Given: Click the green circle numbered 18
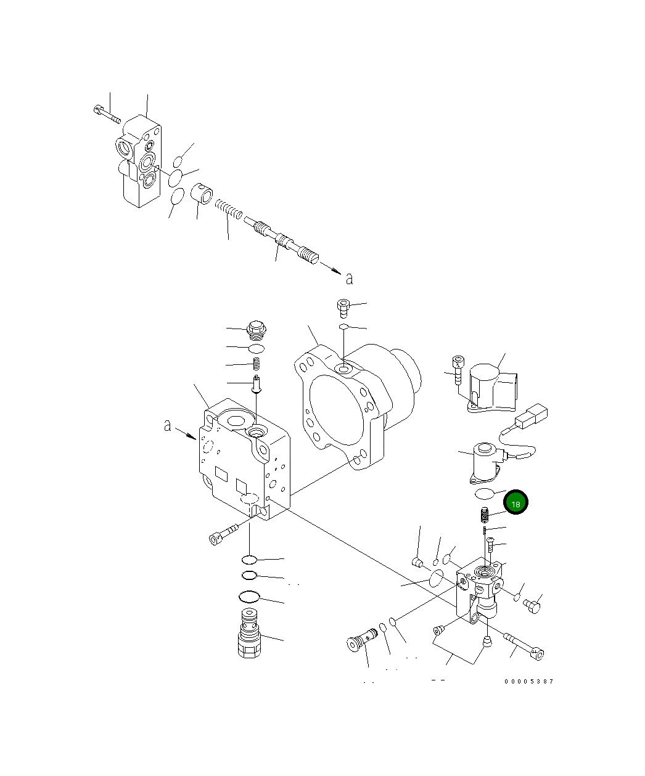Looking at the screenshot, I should coord(516,504).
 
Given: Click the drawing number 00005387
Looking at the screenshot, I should coord(528,682).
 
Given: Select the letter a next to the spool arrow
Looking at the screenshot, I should coord(350,279).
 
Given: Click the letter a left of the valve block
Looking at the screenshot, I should coord(168,426).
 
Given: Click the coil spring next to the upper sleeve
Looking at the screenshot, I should coord(229,209).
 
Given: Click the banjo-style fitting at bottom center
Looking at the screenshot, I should coord(361,640).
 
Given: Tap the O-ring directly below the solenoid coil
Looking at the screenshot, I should coord(484,492).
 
